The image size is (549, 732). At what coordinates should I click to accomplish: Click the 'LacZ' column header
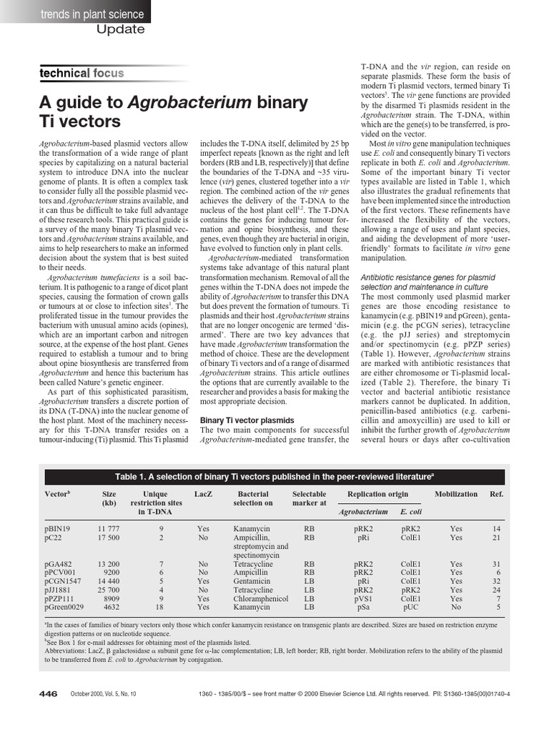[203, 494]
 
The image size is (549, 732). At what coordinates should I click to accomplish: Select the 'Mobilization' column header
[456, 494]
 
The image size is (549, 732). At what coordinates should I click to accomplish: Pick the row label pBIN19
[57, 529]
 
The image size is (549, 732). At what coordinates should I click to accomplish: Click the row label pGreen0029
[64, 607]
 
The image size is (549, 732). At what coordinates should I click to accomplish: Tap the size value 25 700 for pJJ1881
[109, 590]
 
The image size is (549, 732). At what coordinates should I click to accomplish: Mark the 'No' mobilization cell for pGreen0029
[456, 607]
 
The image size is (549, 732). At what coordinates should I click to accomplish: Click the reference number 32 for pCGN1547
[495, 581]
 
